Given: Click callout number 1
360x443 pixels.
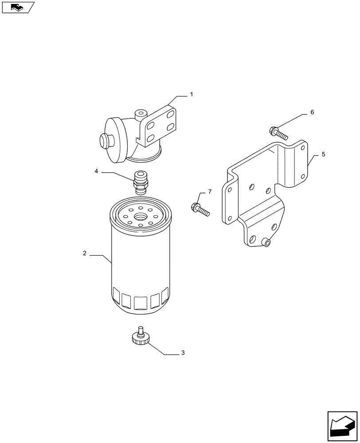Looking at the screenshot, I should point(192,94).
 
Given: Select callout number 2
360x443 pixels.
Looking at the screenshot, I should point(84,254).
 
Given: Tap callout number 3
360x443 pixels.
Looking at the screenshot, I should point(183,353).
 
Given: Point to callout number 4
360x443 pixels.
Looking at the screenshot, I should point(96,171).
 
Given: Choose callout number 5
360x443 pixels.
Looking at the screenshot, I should point(323,154).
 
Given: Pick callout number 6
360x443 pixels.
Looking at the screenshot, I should point(312,113).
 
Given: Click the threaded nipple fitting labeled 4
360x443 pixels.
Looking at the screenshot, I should point(140,182).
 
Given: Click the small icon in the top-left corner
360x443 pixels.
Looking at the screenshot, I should point(17,7).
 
